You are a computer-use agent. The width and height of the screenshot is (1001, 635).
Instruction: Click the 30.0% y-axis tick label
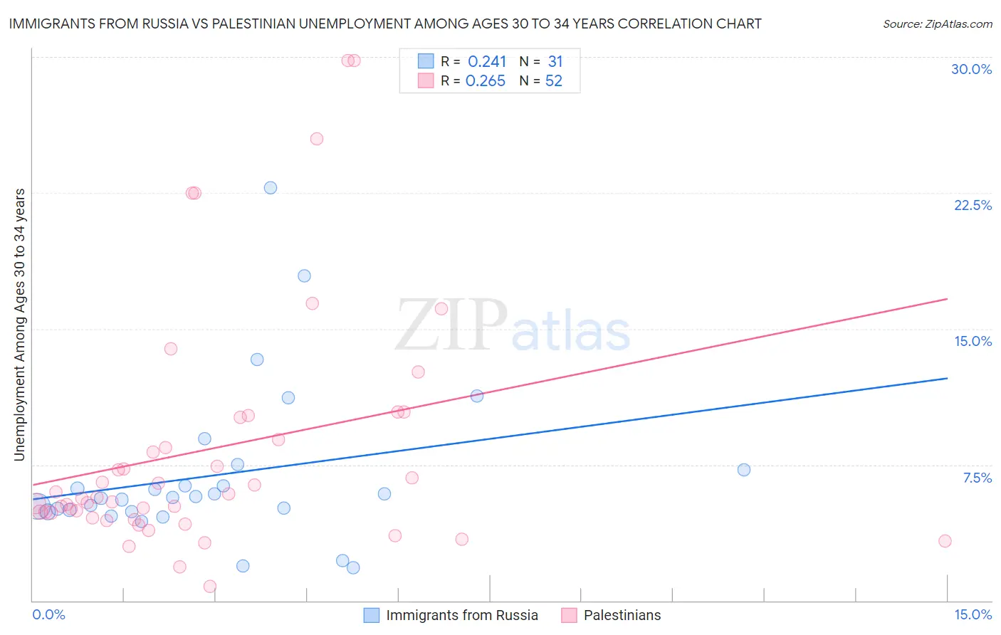point(971,69)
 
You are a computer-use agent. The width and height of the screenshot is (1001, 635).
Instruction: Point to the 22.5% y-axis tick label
point(973,205)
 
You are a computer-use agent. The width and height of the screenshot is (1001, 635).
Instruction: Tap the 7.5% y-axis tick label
point(977,478)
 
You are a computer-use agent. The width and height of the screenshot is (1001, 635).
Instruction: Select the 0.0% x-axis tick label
point(48,614)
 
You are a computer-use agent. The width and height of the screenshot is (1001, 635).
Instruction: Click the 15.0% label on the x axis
point(973,614)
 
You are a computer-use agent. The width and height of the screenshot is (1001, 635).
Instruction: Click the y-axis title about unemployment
point(20,325)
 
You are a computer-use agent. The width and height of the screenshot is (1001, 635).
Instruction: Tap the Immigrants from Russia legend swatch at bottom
point(372,615)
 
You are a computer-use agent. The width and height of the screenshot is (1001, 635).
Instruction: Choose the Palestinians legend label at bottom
point(622,615)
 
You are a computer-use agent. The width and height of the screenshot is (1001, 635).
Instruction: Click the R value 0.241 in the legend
point(487,62)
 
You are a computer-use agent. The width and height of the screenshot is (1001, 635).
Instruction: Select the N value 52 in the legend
point(553,81)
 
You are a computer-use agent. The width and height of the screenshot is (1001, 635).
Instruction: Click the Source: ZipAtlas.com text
point(937,24)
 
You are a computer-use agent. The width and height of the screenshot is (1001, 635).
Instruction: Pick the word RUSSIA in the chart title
point(160,23)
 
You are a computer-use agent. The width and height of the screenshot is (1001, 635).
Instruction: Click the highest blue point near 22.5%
point(271,188)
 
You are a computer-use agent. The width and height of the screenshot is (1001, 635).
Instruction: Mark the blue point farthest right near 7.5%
point(744,470)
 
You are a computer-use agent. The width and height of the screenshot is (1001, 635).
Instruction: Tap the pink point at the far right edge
point(945,541)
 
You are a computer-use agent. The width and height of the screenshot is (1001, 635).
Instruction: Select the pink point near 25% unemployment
point(317,139)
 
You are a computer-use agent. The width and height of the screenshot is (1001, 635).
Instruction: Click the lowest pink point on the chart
point(210,587)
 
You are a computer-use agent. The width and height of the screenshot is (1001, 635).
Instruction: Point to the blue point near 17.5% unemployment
point(304,275)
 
